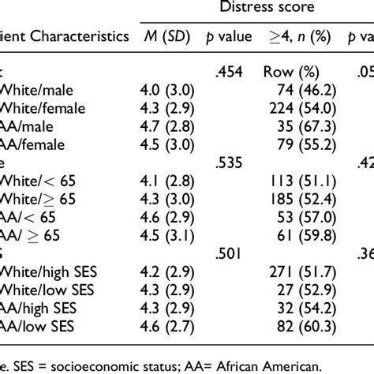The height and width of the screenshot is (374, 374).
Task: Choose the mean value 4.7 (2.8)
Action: click(165, 129)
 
